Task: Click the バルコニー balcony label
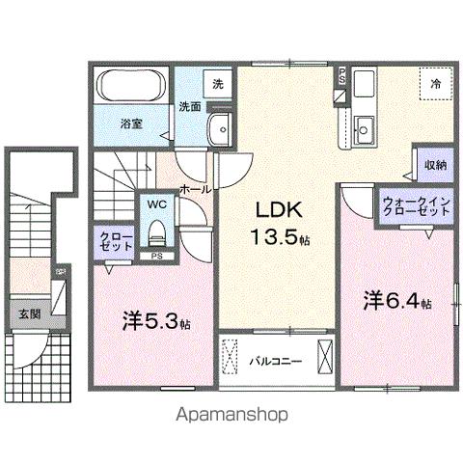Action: [277, 361]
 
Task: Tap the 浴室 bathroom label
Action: [132, 123]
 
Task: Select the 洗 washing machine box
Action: [218, 84]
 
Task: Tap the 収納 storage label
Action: [435, 165]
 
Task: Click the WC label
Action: [156, 205]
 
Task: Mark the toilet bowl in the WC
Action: [156, 231]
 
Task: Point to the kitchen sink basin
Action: [365, 127]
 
